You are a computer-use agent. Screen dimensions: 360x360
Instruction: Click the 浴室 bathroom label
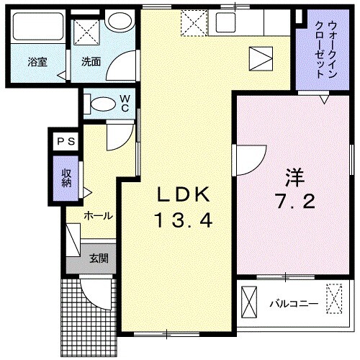click(37, 62)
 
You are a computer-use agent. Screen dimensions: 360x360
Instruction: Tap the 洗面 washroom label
click(90, 62)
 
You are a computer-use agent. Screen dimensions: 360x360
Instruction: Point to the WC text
click(125, 103)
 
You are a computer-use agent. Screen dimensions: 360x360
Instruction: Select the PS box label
click(66, 142)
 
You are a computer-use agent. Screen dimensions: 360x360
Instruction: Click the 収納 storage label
click(66, 178)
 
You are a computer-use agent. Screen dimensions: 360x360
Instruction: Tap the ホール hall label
click(97, 215)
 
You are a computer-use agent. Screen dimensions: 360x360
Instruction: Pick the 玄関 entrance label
click(99, 258)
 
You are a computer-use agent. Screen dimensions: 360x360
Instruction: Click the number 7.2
click(294, 202)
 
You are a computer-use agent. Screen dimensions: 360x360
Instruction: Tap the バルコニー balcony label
click(294, 303)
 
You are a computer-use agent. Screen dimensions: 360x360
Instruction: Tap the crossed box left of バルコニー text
click(249, 301)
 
